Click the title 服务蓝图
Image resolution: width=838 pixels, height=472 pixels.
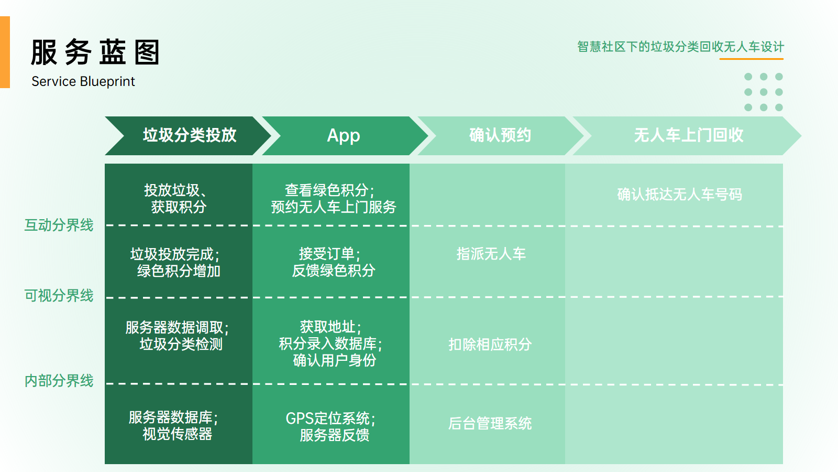(x=95, y=52)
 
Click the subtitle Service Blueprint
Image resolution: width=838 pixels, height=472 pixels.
(x=83, y=82)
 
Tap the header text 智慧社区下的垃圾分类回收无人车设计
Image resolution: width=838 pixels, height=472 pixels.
(x=680, y=47)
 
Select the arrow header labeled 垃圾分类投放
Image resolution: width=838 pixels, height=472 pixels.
(x=190, y=135)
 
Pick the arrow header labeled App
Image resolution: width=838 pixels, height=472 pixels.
(x=344, y=135)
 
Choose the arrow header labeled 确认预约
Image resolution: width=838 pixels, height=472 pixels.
(x=500, y=135)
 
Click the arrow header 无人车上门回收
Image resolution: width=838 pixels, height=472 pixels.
(x=688, y=135)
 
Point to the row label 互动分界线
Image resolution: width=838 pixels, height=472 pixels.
(x=59, y=225)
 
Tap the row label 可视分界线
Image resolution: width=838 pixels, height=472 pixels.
(x=59, y=296)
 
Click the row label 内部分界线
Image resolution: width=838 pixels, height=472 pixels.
(x=59, y=381)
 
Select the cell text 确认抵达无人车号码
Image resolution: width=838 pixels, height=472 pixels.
(x=679, y=195)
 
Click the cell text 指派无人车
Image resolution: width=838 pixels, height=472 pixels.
(x=491, y=254)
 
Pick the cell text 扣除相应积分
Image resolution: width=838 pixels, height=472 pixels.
(x=490, y=345)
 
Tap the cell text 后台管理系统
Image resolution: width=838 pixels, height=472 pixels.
(x=490, y=424)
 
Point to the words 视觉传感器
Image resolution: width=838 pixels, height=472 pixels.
(x=178, y=434)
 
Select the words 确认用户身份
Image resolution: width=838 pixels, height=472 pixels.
(x=334, y=361)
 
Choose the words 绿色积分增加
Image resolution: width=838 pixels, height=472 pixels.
(x=179, y=271)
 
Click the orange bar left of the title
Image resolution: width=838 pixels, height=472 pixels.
(x=5, y=52)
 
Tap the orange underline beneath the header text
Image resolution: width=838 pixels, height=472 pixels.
(x=751, y=59)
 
